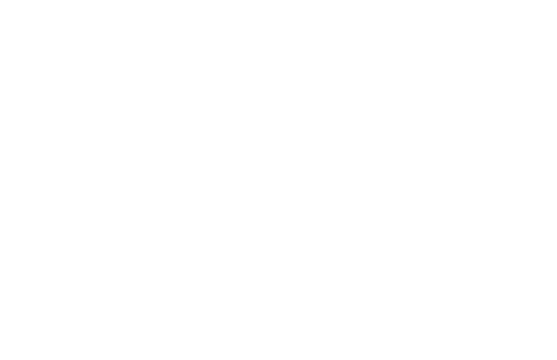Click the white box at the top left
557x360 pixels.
click(x=108, y=29)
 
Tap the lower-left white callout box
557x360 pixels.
click(x=163, y=330)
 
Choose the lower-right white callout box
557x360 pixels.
click(x=398, y=329)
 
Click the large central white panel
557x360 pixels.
click(x=278, y=177)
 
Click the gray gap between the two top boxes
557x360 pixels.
click(x=290, y=29)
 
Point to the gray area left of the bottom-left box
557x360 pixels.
click(x=32, y=330)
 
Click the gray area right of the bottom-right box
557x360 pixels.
click(x=527, y=330)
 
